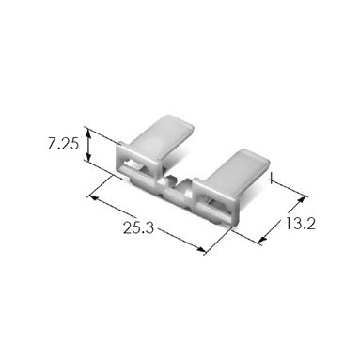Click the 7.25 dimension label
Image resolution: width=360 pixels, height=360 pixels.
63,145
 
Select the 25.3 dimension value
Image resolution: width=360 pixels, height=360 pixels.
138,227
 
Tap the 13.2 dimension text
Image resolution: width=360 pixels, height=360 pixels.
300,224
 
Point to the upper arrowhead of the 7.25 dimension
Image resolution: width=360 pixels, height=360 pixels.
88,133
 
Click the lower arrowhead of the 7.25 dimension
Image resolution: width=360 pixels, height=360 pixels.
89,156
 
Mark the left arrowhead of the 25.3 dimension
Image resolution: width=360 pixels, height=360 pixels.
94,197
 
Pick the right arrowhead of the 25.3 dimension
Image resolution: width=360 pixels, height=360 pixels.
201,249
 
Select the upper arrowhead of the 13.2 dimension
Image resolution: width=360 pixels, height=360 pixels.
301,199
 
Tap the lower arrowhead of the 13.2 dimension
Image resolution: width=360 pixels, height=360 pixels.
263,239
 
